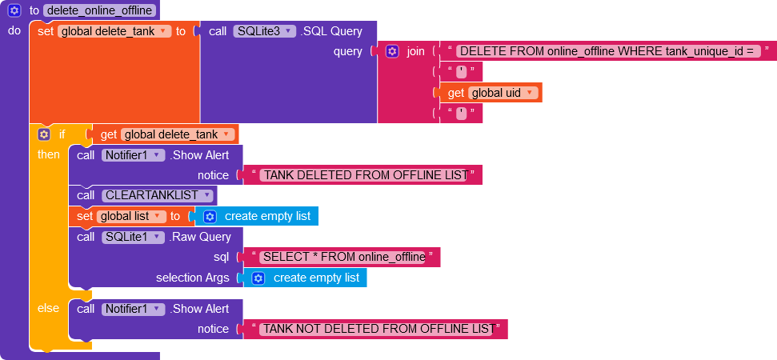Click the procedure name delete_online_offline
[x=99, y=10]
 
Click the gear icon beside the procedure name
[x=14, y=10]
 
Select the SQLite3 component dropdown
[x=265, y=31]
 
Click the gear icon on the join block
[x=392, y=51]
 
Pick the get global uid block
[x=494, y=93]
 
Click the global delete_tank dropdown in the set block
[x=114, y=31]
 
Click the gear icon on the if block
[x=44, y=134]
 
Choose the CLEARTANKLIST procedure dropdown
[x=158, y=195]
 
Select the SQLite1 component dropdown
[x=133, y=237]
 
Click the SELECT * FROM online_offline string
[x=343, y=257]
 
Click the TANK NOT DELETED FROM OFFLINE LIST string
[x=377, y=329]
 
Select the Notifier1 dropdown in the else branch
[x=133, y=309]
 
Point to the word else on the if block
[x=48, y=308]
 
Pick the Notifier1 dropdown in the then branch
[x=133, y=155]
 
